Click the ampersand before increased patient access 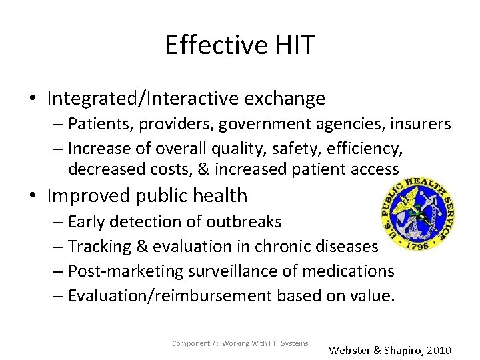coord(203,169)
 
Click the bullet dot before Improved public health coord(33,196)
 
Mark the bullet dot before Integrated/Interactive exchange coord(33,99)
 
